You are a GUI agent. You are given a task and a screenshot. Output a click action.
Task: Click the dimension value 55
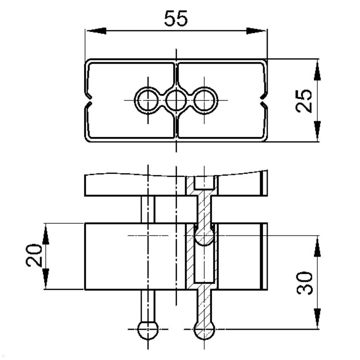(x=176, y=18)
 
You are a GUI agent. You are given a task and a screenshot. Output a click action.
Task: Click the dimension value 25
(x=304, y=100)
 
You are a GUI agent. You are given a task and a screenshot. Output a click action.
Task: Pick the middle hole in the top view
(x=176, y=100)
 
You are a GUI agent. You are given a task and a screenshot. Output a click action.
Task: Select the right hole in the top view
(x=204, y=100)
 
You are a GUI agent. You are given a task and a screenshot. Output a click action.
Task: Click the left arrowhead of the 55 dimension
(x=96, y=31)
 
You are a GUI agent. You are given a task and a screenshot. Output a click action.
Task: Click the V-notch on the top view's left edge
(x=89, y=100)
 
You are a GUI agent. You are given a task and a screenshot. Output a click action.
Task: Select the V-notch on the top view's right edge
(x=263, y=100)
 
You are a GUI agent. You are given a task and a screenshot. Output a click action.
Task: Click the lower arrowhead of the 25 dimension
(x=317, y=131)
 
